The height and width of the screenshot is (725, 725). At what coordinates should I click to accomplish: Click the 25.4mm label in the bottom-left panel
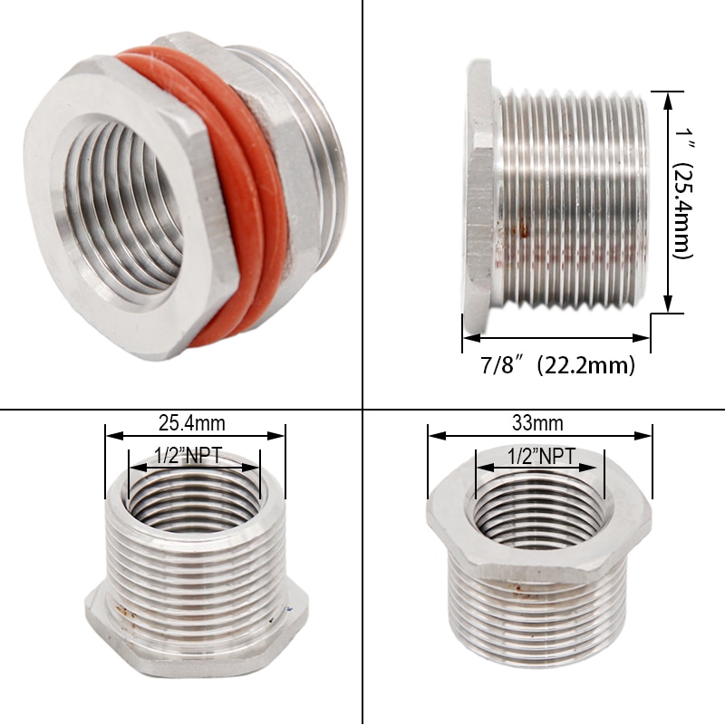point(192,421)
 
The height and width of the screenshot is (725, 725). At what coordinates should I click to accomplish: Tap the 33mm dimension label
point(538,422)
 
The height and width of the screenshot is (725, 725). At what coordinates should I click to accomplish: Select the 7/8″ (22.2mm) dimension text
point(556,366)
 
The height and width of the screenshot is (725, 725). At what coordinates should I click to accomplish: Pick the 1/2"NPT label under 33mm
point(540,456)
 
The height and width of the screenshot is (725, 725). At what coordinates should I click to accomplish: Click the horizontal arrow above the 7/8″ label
point(556,338)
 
